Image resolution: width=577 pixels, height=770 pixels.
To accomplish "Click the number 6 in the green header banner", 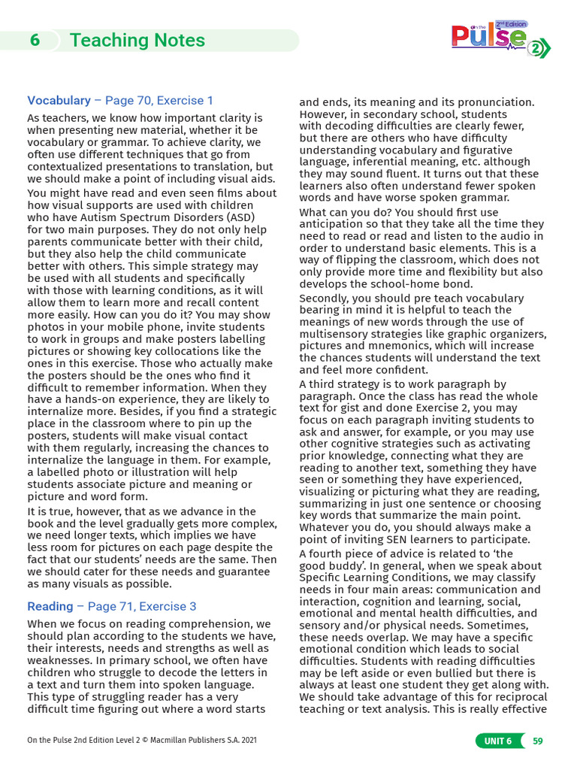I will pyautogui.click(x=35, y=41).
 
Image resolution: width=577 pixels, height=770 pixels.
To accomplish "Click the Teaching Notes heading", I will pyautogui.click(x=137, y=41).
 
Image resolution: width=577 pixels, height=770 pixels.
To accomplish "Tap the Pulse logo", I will pyautogui.click(x=488, y=38).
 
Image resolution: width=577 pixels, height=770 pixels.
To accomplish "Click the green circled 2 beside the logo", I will pyautogui.click(x=536, y=49).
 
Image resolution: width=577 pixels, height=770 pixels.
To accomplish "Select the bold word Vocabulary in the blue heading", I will pyautogui.click(x=59, y=100).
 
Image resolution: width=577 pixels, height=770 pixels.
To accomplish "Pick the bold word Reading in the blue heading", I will pyautogui.click(x=50, y=606).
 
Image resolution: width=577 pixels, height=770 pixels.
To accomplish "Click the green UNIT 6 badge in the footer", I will pyautogui.click(x=497, y=741).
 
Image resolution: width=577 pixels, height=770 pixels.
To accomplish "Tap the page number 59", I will pyautogui.click(x=537, y=741).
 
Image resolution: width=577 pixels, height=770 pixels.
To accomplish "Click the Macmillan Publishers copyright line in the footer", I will pyautogui.click(x=142, y=741).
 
